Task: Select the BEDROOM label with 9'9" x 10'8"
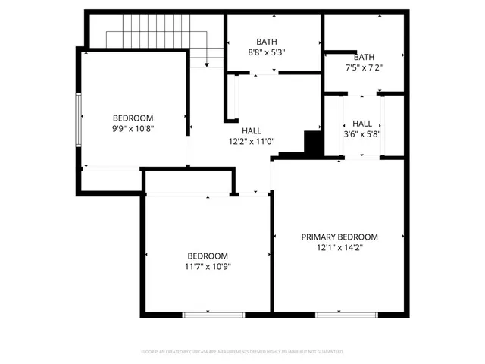tap(133, 118)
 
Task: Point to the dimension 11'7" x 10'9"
tap(208, 266)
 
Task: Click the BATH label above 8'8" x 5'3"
tap(266, 42)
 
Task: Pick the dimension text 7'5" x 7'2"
tap(364, 67)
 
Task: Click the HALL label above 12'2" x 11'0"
tap(252, 130)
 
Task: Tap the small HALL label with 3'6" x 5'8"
tap(361, 123)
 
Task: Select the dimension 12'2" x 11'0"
tap(252, 141)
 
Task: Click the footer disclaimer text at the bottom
tap(242, 352)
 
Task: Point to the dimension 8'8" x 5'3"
tap(266, 52)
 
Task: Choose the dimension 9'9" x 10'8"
tap(133, 129)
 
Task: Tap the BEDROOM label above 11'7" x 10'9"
tap(208, 256)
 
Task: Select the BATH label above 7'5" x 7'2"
tap(364, 57)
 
